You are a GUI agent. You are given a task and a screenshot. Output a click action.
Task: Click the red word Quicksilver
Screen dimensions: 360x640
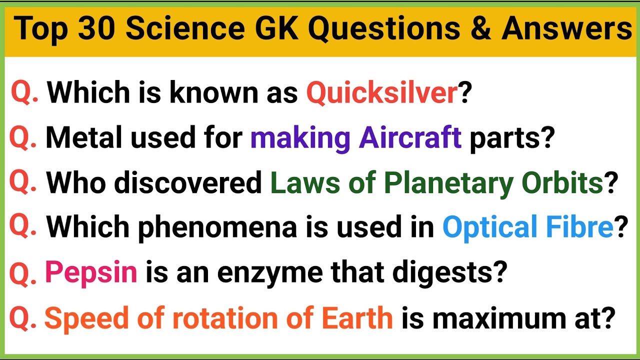click(x=381, y=92)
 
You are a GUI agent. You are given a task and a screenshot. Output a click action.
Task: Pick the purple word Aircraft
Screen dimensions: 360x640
click(x=410, y=138)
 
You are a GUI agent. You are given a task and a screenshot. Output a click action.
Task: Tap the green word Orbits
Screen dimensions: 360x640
click(x=562, y=183)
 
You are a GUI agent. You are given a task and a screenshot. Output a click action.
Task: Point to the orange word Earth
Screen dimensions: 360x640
click(x=357, y=318)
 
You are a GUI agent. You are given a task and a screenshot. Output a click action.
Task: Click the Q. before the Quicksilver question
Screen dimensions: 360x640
click(x=25, y=93)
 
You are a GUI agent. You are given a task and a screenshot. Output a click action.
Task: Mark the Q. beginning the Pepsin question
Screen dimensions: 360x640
click(x=23, y=273)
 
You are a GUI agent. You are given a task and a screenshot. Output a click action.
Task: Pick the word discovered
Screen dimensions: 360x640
click(x=188, y=183)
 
